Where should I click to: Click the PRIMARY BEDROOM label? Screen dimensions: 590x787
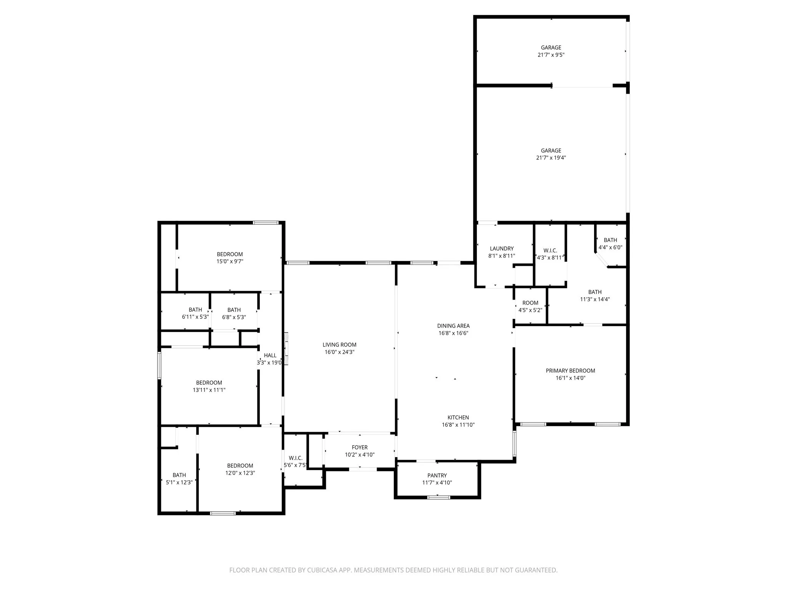pyautogui.click(x=570, y=371)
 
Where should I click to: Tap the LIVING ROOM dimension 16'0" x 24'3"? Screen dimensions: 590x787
pyautogui.click(x=339, y=352)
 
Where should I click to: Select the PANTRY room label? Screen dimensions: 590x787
pyautogui.click(x=437, y=476)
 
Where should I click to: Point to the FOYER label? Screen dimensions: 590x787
pyautogui.click(x=360, y=447)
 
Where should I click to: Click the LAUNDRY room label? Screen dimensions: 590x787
pyautogui.click(x=501, y=249)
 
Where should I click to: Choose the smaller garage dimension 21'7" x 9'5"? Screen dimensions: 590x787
pyautogui.click(x=551, y=55)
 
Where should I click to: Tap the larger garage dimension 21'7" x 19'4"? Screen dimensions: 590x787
pyautogui.click(x=551, y=158)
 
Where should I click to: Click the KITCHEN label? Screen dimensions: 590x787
pyautogui.click(x=458, y=418)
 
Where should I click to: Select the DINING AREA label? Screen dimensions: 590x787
pyautogui.click(x=453, y=326)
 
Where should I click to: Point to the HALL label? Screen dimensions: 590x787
pyautogui.click(x=270, y=356)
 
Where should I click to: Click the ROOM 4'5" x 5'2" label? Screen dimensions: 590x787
pyautogui.click(x=530, y=303)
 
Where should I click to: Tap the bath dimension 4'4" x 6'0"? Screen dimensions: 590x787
pyautogui.click(x=610, y=247)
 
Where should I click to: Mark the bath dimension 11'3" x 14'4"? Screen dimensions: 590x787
pyautogui.click(x=594, y=299)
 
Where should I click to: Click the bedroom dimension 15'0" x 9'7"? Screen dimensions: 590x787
pyautogui.click(x=230, y=262)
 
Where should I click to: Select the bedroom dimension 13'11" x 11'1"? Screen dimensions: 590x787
pyautogui.click(x=209, y=390)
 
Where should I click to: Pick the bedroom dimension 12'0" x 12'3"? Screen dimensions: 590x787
pyautogui.click(x=240, y=473)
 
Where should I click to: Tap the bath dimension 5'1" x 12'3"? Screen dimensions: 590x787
pyautogui.click(x=179, y=482)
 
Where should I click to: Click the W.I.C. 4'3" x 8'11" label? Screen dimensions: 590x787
pyautogui.click(x=550, y=250)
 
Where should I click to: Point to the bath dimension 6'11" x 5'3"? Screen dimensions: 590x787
pyautogui.click(x=195, y=317)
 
